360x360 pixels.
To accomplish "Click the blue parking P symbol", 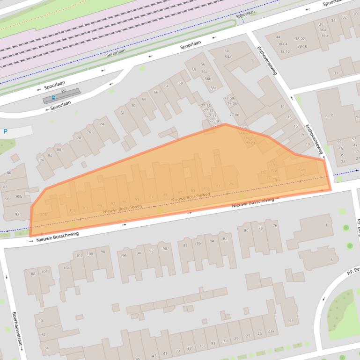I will (5, 132).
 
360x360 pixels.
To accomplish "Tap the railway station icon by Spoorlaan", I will (53, 98).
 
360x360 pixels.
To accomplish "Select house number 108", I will (32, 273).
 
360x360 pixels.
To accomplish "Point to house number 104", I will (67, 268).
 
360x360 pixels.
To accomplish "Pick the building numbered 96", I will (125, 255).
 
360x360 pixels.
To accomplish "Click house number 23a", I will (271, 331).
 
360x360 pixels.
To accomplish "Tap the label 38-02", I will (300, 39).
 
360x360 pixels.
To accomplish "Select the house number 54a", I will (228, 57).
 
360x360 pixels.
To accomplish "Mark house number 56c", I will (213, 88).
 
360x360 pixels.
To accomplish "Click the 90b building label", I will (19, 196).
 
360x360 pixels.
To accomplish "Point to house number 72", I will (122, 112).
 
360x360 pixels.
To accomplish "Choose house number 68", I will (144, 99).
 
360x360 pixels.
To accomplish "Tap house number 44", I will (278, 37).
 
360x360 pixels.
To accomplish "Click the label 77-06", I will (234, 115).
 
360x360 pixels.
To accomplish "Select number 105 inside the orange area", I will (44, 215).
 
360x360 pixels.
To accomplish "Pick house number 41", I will (165, 353).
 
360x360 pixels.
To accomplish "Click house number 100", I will (89, 254).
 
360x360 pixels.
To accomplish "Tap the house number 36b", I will (324, 36).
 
